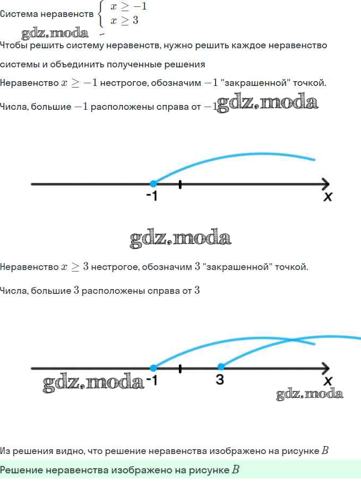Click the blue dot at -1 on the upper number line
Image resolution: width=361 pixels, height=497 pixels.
coord(153,184)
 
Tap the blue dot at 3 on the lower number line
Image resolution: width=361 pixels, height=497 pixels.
coord(221,367)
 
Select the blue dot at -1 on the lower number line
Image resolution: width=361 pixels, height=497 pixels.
coord(153,368)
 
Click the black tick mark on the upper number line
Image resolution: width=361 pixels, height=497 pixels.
coord(180,185)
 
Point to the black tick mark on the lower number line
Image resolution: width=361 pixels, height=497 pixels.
coord(180,369)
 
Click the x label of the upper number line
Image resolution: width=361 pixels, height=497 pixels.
coord(328,197)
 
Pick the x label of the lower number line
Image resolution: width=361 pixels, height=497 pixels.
coord(328,381)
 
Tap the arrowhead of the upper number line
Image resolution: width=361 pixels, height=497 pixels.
coord(326,184)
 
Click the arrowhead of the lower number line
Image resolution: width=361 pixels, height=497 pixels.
coord(326,368)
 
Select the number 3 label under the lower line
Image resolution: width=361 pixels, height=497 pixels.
coord(220,379)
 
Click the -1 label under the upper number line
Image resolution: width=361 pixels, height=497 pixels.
coord(152,196)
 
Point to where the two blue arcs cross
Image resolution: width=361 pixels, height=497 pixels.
coord(291,341)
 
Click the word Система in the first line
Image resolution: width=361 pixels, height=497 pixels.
coord(19,14)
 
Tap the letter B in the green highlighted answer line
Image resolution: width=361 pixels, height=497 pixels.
coord(235,469)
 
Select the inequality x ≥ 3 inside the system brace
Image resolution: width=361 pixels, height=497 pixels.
coord(124,21)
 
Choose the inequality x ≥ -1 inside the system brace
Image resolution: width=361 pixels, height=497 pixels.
coord(128,6)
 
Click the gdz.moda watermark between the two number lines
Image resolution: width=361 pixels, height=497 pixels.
coord(180,238)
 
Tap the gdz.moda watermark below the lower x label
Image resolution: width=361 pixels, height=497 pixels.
coord(310,394)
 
